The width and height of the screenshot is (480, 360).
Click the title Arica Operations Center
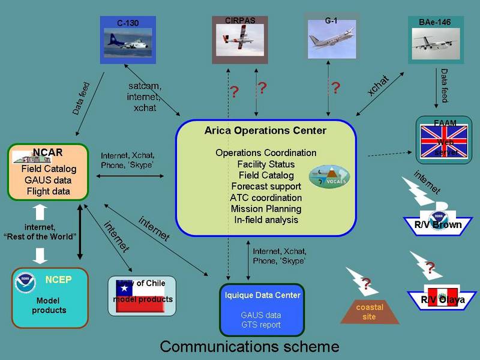pyautogui.click(x=266, y=130)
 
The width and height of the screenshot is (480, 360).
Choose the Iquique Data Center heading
pyautogui.click(x=262, y=295)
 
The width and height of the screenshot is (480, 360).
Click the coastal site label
pyautogui.click(x=370, y=312)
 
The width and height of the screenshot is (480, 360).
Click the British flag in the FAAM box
pyautogui.click(x=445, y=142)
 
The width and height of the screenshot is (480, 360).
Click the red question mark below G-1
pyautogui.click(x=335, y=88)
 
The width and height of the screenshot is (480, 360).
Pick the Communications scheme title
pyautogui.click(x=249, y=346)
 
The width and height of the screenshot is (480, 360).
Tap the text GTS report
pyautogui.click(x=262, y=325)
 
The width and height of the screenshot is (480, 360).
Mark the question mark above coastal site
pyautogui.click(x=367, y=283)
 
